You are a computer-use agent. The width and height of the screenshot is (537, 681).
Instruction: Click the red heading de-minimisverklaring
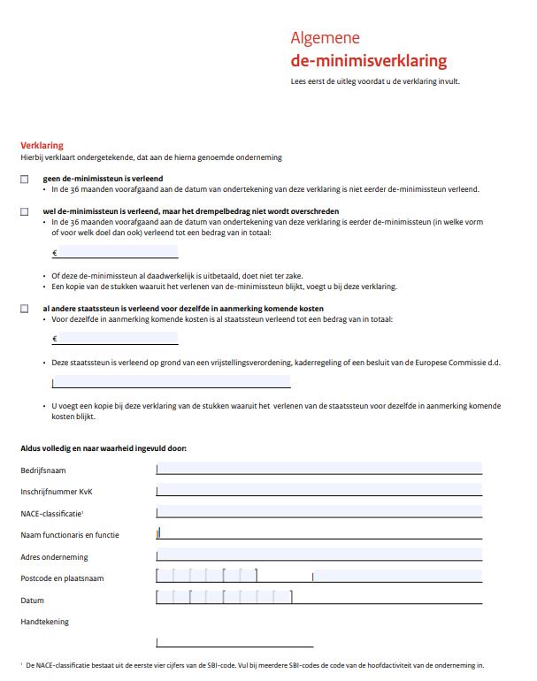pyautogui.click(x=368, y=61)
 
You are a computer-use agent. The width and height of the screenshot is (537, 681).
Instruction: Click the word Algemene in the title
pyautogui.click(x=325, y=38)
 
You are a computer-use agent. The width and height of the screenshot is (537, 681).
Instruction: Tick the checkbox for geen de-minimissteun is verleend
pyautogui.click(x=24, y=179)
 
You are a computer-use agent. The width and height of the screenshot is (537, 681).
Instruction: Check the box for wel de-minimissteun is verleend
pyautogui.click(x=24, y=211)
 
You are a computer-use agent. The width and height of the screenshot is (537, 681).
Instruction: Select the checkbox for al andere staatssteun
pyautogui.click(x=24, y=309)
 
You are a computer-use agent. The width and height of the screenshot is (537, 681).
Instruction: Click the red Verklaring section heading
pyautogui.click(x=42, y=145)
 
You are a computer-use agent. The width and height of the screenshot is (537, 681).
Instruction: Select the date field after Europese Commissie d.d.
pyautogui.click(x=171, y=381)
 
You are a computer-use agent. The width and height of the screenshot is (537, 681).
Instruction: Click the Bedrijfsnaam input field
pyautogui.click(x=318, y=469)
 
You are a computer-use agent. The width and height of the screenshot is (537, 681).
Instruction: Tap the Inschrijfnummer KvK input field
pyautogui.click(x=318, y=490)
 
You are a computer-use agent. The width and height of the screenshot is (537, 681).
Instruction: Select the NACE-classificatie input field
pyautogui.click(x=318, y=512)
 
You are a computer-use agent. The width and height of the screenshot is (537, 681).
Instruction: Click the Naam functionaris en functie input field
pyautogui.click(x=318, y=533)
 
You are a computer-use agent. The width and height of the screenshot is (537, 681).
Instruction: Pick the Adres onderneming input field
pyautogui.click(x=318, y=555)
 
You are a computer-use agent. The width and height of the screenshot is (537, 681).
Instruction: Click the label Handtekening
pyautogui.click(x=44, y=622)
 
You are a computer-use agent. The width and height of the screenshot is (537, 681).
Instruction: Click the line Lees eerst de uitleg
pyautogui.click(x=375, y=81)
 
